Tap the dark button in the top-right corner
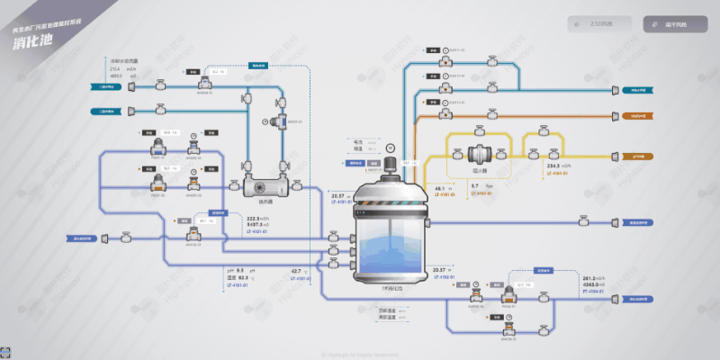pyautogui.click(x=669, y=24)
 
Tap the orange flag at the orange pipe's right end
pyautogui.click(x=638, y=117)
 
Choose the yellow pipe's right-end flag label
pyautogui.click(x=638, y=154)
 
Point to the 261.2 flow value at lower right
pyautogui.click(x=590, y=278)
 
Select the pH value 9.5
pyautogui.click(x=241, y=270)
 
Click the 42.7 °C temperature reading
pyautogui.click(x=296, y=270)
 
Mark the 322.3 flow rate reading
pyautogui.click(x=254, y=219)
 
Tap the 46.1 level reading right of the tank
pyautogui.click(x=441, y=187)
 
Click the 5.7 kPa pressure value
pyautogui.click(x=475, y=185)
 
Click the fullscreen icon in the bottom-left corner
pyautogui.click(x=7, y=352)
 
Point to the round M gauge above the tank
pyautogui.click(x=390, y=146)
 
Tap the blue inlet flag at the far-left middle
pyautogui.click(x=85, y=238)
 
